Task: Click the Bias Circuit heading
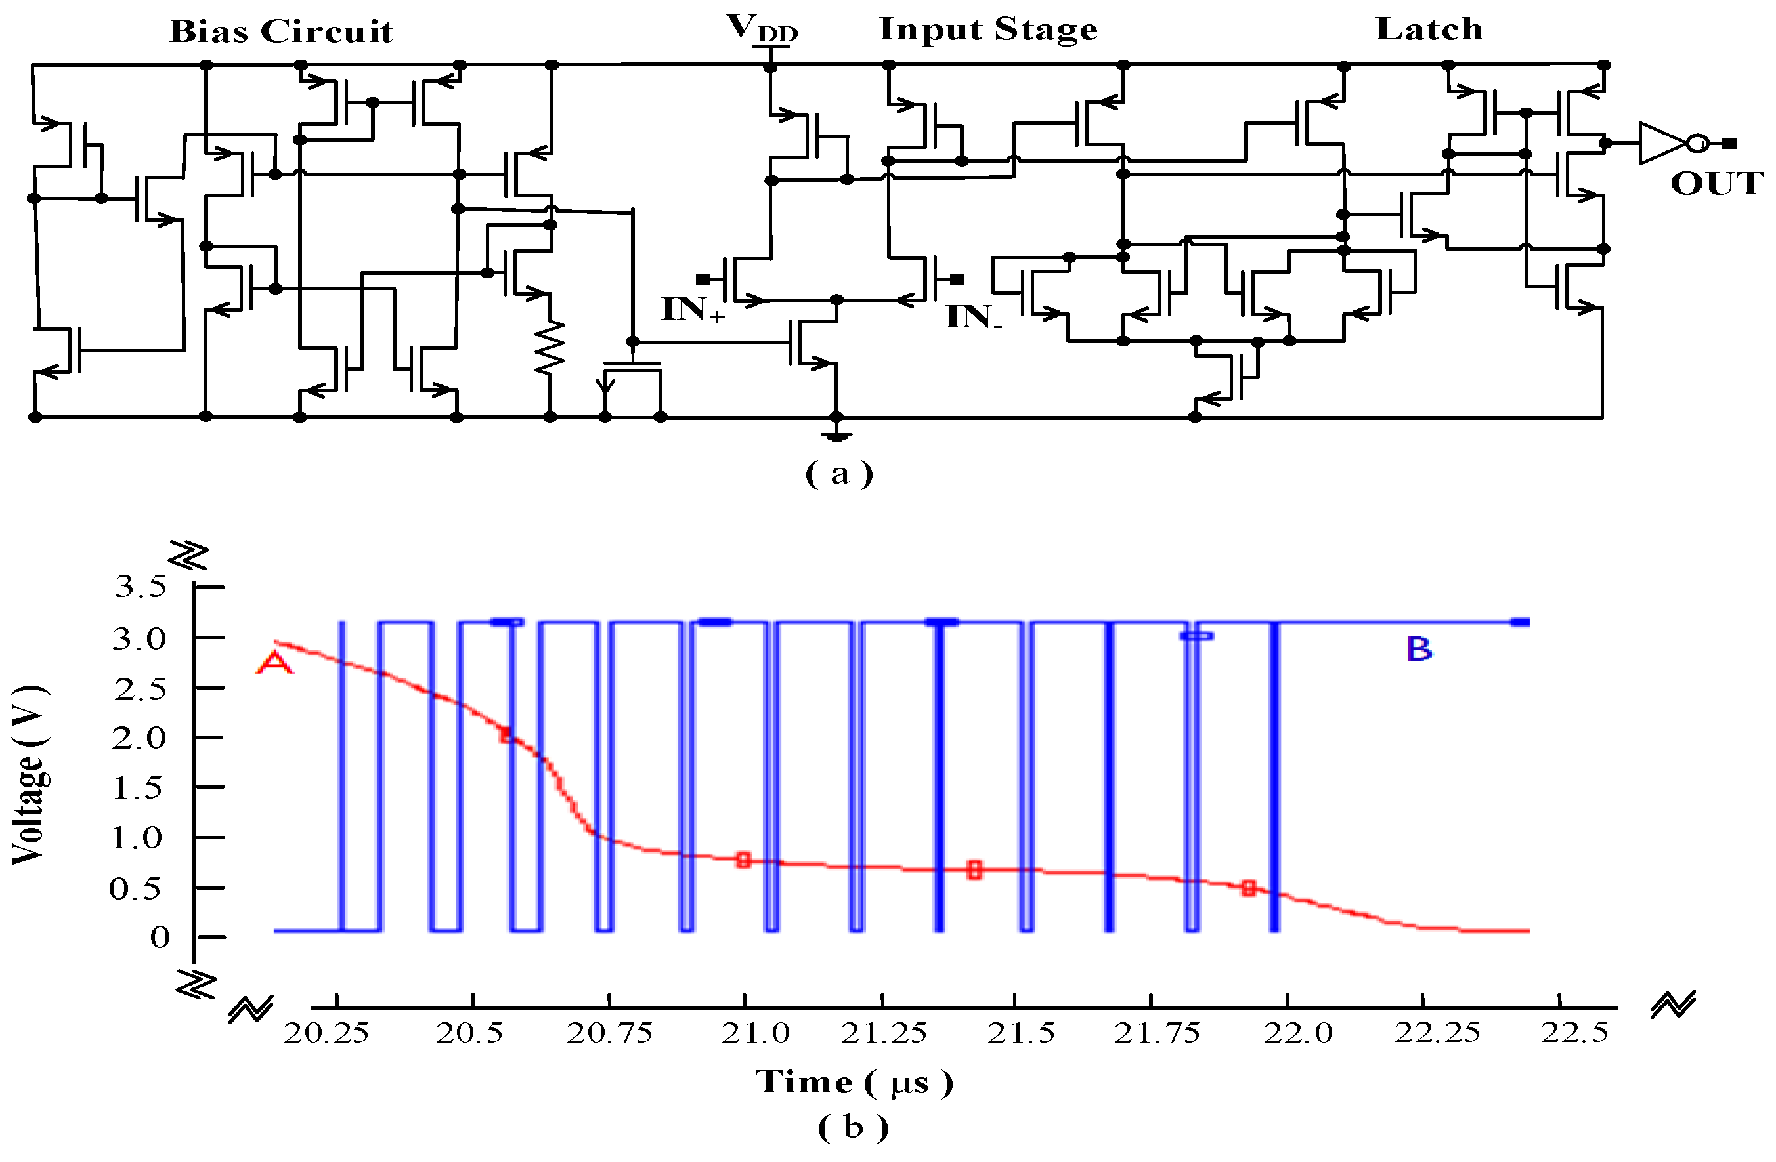280,31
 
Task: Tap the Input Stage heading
988,29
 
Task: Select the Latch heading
1429,29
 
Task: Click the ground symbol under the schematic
836,435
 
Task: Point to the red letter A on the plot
274,662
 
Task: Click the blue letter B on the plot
1419,650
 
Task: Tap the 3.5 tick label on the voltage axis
141,587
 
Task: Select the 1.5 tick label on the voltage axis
137,787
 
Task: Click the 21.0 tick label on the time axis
755,1033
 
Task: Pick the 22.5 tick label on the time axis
1574,1033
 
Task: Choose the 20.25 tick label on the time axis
327,1033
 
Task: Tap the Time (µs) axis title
854,1082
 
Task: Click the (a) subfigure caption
838,474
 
